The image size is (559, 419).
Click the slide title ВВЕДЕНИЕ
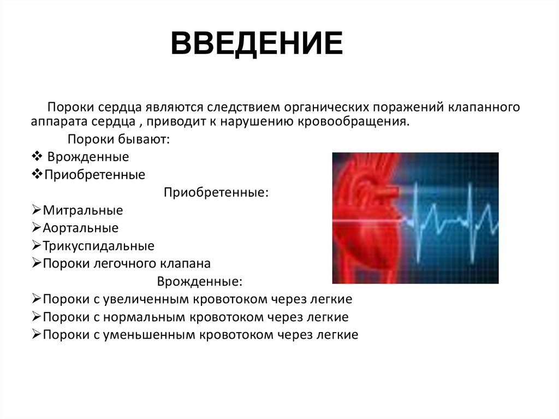click(x=257, y=44)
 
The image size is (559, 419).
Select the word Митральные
click(x=83, y=210)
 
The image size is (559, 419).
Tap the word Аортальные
click(x=80, y=228)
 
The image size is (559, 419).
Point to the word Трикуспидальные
click(x=98, y=246)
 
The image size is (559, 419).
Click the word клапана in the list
click(x=185, y=263)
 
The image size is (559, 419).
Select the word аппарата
click(x=54, y=121)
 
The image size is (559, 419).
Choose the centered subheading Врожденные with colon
click(x=200, y=282)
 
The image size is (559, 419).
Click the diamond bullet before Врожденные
click(x=37, y=157)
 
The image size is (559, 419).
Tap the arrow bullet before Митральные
click(x=37, y=210)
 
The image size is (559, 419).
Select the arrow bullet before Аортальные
click(x=37, y=228)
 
